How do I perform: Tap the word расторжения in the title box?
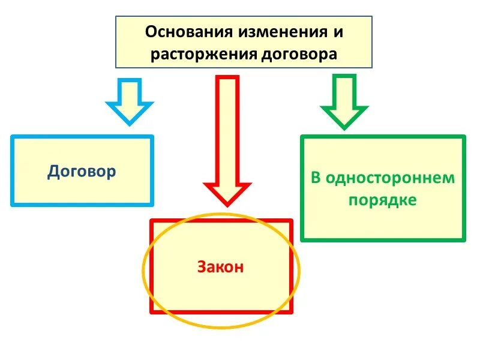pyautogui.click(x=204, y=54)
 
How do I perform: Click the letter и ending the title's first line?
pyautogui.click(x=340, y=32)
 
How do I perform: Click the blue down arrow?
pyautogui.click(x=129, y=100)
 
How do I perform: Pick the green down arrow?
pyautogui.click(x=344, y=100)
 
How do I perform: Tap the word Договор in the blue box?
pyautogui.click(x=82, y=172)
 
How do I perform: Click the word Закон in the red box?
pyautogui.click(x=221, y=267)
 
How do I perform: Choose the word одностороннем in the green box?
pyautogui.click(x=390, y=178)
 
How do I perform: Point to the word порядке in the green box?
pyautogui.click(x=382, y=200)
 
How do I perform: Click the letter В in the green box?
pyautogui.click(x=316, y=178)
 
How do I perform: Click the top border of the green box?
pyautogui.click(x=382, y=137)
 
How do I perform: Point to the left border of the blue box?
pyautogui.click(x=12, y=170)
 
